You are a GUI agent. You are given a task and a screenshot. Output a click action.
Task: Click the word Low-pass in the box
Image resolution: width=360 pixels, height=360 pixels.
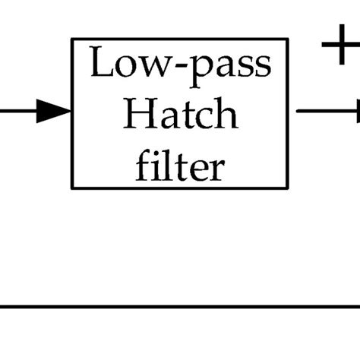click(x=180, y=65)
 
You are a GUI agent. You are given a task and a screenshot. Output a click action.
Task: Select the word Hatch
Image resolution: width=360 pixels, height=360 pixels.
click(x=180, y=115)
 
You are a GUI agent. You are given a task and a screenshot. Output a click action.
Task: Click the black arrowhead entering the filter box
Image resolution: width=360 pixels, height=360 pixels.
click(x=53, y=112)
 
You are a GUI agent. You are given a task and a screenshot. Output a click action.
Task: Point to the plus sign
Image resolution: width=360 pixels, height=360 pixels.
click(x=339, y=47)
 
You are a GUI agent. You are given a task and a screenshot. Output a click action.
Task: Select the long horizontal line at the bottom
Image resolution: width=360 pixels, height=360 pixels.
click(x=180, y=308)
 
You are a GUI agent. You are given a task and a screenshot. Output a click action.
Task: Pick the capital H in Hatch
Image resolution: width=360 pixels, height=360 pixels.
click(x=137, y=115)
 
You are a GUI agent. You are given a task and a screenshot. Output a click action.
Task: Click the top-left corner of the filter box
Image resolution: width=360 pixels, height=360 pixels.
click(x=72, y=39)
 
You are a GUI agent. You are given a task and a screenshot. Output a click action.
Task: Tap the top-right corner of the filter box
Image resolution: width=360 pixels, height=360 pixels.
click(x=288, y=39)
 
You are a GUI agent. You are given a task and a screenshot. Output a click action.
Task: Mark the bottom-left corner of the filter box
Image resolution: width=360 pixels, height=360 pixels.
click(x=72, y=188)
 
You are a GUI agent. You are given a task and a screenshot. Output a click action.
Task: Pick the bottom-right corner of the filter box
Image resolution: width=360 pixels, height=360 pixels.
click(x=288, y=188)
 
